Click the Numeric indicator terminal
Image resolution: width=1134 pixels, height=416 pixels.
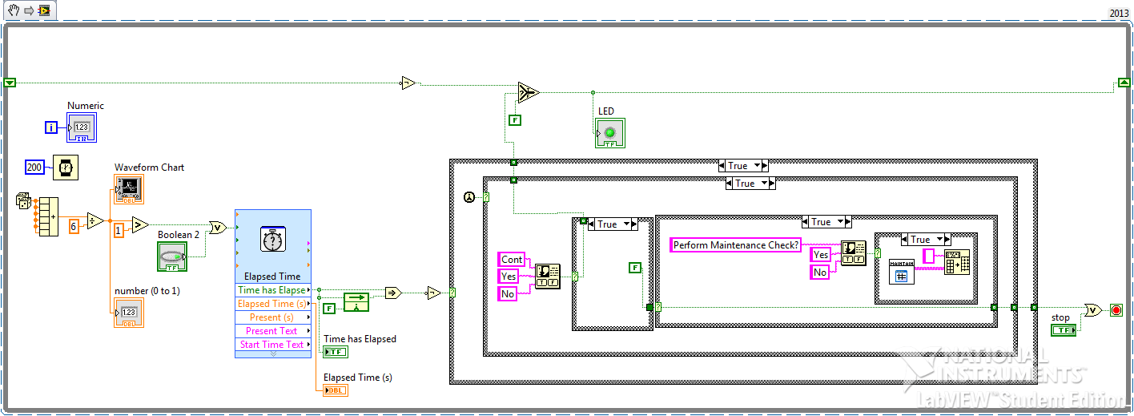pyautogui.click(x=81, y=127)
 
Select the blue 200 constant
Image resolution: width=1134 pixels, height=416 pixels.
pyautogui.click(x=35, y=168)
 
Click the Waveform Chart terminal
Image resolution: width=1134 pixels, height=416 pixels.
pyautogui.click(x=128, y=189)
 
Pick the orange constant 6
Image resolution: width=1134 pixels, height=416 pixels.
pyautogui.click(x=74, y=227)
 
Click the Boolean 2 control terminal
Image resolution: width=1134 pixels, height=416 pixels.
pyautogui.click(x=171, y=256)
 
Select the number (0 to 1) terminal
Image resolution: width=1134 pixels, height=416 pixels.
pyautogui.click(x=128, y=313)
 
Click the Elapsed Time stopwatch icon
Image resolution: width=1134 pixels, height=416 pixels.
pyautogui.click(x=272, y=240)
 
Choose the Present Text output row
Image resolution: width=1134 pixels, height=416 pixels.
pyautogui.click(x=271, y=331)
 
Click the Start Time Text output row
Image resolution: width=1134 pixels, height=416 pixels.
pyautogui.click(x=271, y=345)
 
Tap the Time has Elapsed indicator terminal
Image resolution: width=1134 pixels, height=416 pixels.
pyautogui.click(x=336, y=351)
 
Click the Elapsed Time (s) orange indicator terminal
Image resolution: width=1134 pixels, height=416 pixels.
pyautogui.click(x=336, y=390)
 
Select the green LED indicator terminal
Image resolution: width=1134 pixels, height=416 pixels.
pyautogui.click(x=609, y=133)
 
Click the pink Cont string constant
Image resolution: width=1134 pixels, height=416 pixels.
pyautogui.click(x=512, y=260)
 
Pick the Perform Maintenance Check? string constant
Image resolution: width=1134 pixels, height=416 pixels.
pyautogui.click(x=736, y=245)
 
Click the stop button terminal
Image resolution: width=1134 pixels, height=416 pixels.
pyautogui.click(x=1064, y=330)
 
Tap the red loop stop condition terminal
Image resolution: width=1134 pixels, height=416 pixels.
pyautogui.click(x=1116, y=310)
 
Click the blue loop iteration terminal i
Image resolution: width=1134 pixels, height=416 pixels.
pyautogui.click(x=51, y=127)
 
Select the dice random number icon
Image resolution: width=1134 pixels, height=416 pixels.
pyautogui.click(x=23, y=202)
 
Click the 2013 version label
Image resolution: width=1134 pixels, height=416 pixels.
pyautogui.click(x=1119, y=14)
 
